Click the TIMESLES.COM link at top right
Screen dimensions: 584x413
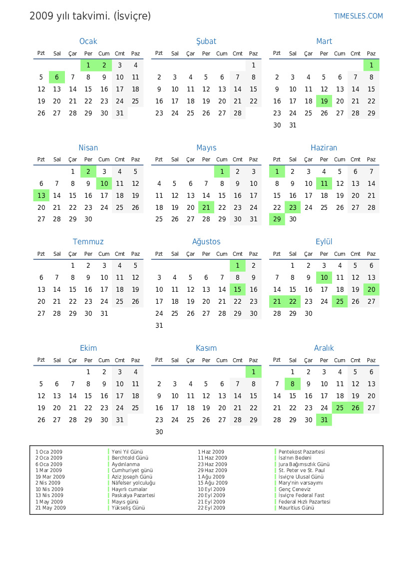358,16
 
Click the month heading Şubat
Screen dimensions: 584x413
206,41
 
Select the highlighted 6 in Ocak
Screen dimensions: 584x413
57,77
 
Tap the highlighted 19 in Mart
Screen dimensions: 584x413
324,101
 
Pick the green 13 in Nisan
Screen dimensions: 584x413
41,196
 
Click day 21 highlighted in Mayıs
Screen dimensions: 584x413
206,208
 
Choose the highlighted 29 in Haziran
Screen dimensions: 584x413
277,219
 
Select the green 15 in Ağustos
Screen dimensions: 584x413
238,290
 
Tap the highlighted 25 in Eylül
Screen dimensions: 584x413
340,302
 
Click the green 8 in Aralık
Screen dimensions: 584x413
293,384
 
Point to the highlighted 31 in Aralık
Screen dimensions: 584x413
324,420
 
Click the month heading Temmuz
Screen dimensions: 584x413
88,242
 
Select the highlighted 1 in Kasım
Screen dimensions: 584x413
253,372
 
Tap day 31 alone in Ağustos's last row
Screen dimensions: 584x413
159,326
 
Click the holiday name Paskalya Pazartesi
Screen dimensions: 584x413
133,496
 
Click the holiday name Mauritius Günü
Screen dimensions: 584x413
297,508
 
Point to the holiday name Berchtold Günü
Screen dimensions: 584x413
130,458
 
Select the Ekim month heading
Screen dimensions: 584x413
88,348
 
